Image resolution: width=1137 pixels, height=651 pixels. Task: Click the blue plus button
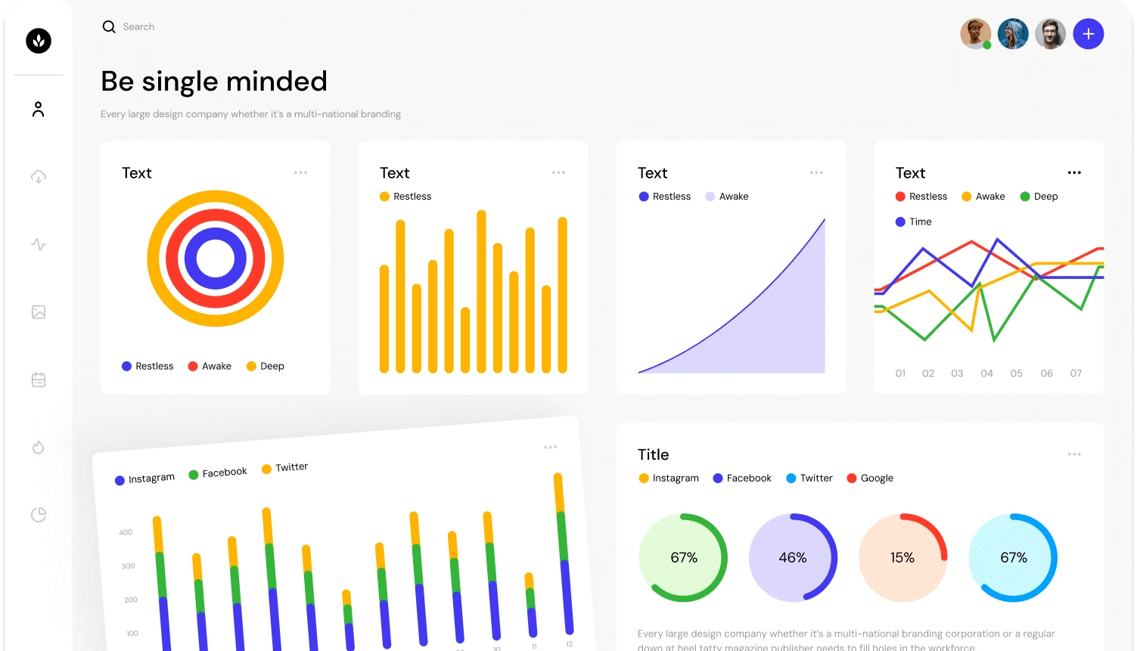coord(1088,34)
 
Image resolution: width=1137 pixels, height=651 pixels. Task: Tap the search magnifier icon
coord(109,27)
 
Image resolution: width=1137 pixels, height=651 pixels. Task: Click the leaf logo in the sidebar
coord(39,40)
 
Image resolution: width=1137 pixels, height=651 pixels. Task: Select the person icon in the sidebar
coord(39,110)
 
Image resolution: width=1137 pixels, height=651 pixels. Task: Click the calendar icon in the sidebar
coord(39,380)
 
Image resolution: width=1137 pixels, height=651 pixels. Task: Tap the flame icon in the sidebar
coord(39,448)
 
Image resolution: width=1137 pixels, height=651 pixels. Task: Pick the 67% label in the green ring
coord(684,558)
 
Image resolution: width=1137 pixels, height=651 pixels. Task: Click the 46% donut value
coord(793,558)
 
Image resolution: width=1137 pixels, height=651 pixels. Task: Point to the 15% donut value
coord(902,558)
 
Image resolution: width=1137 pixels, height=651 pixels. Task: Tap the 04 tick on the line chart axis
coord(986,374)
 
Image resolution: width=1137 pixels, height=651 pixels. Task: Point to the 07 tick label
coord(1076,374)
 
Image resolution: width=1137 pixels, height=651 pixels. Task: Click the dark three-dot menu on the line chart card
coord(1074,173)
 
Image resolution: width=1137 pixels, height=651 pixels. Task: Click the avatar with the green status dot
coord(975,34)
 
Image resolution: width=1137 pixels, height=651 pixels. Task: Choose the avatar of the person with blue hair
coord(1013,34)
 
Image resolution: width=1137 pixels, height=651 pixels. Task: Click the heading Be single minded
coord(214,82)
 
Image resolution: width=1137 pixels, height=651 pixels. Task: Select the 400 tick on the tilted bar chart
coord(126,532)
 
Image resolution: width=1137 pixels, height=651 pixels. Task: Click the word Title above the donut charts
coord(653,455)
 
